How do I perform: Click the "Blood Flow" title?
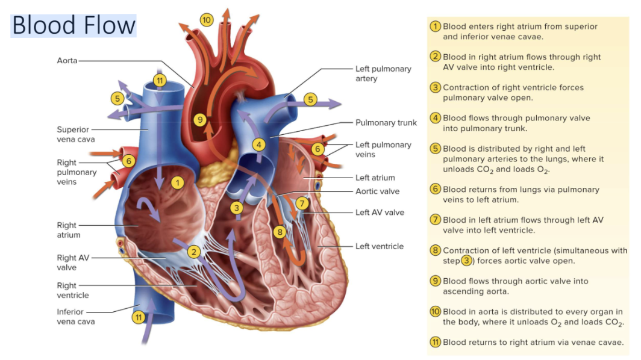[x=73, y=25]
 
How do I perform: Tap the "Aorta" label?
[x=67, y=60]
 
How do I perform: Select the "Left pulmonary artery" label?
[x=383, y=73]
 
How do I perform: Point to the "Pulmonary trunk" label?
[x=386, y=122]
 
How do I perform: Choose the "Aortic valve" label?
[x=377, y=191]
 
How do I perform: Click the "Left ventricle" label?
[x=380, y=246]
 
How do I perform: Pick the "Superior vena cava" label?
[x=73, y=134]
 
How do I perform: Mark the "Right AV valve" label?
[x=73, y=262]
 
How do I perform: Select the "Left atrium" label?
[x=375, y=178]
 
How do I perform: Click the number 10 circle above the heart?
[x=207, y=20]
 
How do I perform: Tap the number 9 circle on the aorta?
[x=201, y=120]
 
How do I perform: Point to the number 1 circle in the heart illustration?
[x=177, y=182]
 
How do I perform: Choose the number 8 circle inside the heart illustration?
[x=280, y=232]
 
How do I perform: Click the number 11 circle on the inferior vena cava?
[x=139, y=317]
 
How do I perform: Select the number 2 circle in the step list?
[x=435, y=57]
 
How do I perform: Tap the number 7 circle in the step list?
[x=435, y=219]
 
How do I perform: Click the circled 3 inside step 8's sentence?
[x=467, y=261]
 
